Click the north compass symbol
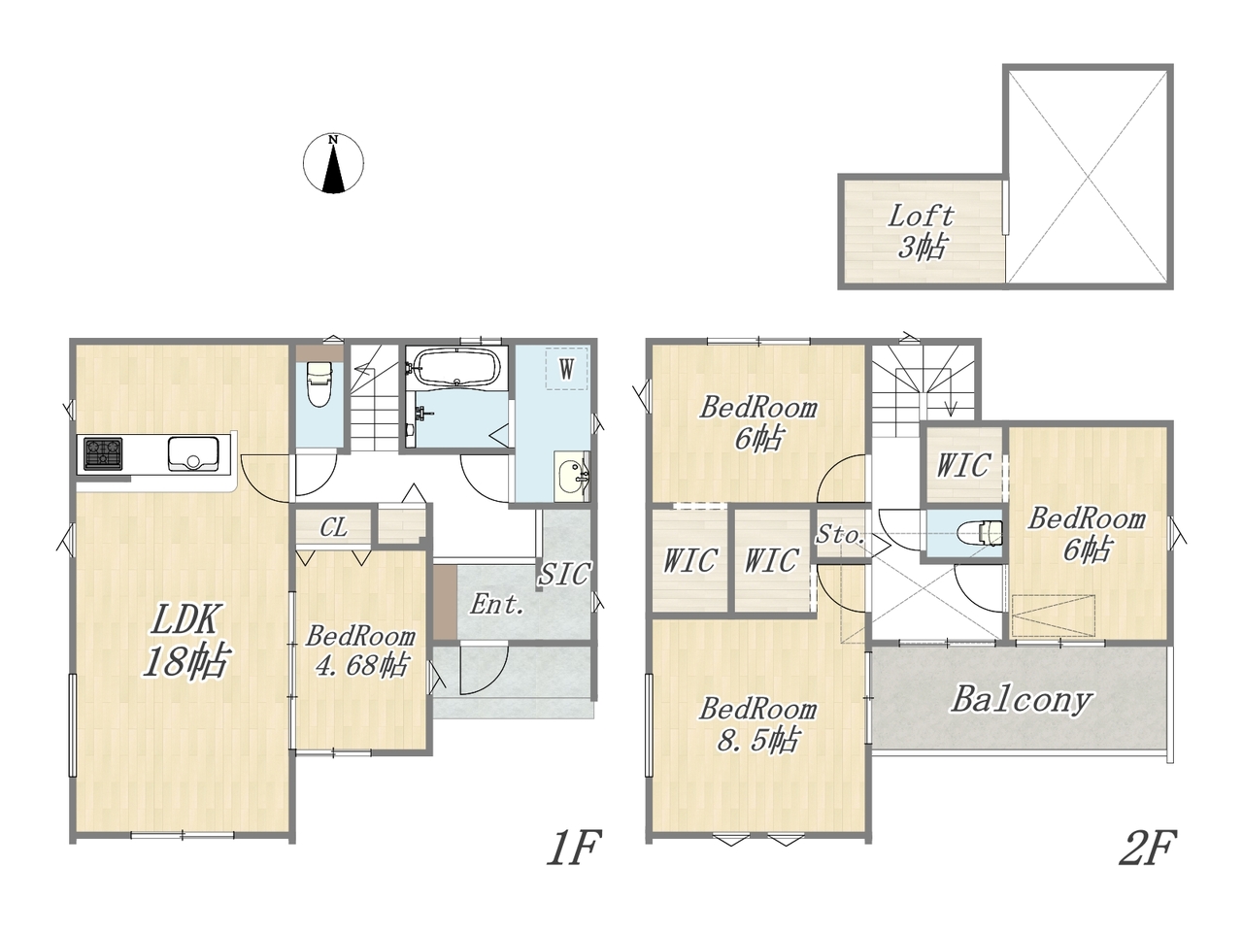pyautogui.click(x=333, y=163)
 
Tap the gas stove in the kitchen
pyautogui.click(x=103, y=453)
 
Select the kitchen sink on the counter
pyautogui.click(x=192, y=452)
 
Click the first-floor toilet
pyautogui.click(x=319, y=383)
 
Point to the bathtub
pyautogui.click(x=457, y=368)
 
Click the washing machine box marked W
pyautogui.click(x=566, y=368)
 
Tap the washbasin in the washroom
pyautogui.click(x=572, y=477)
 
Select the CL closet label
pyautogui.click(x=333, y=527)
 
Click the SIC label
pyautogui.click(x=563, y=574)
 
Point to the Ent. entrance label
pyautogui.click(x=496, y=604)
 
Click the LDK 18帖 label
pyautogui.click(x=185, y=640)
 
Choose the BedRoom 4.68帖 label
pyautogui.click(x=360, y=650)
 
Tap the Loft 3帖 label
pyautogui.click(x=921, y=231)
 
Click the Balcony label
pyautogui.click(x=1021, y=699)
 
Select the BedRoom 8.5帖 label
pyautogui.click(x=757, y=725)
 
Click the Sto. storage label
pyautogui.click(x=840, y=534)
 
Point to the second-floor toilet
pyautogui.click(x=979, y=532)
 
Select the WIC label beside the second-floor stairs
pyautogui.click(x=963, y=465)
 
